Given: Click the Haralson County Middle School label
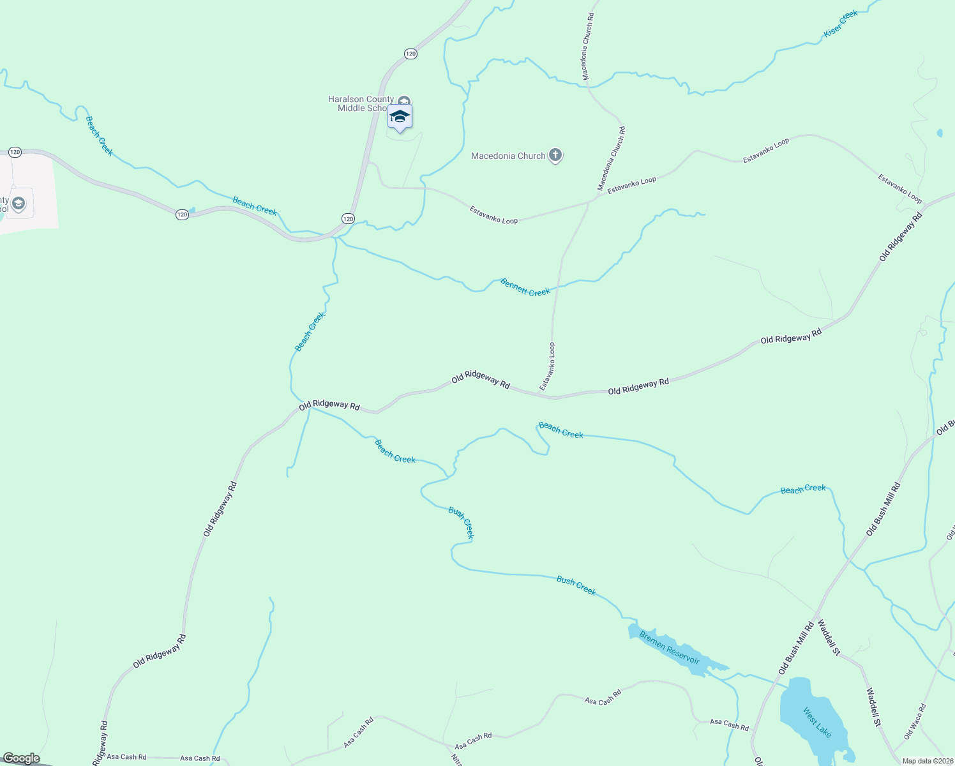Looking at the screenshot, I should (361, 103).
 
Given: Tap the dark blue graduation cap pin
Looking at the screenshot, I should (400, 117).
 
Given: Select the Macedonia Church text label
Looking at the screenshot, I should (508, 156).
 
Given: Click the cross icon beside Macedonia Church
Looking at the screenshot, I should (555, 155).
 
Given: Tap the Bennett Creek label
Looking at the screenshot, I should (525, 287).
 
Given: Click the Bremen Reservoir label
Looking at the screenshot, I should (670, 649).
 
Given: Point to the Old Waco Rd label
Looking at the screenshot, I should (915, 721).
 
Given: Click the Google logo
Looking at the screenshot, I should (21, 758).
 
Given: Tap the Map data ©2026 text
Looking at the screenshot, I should (926, 761).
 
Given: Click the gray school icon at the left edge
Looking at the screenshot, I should (19, 204).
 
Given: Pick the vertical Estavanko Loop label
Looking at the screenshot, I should (548, 366).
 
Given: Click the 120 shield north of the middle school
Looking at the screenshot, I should (410, 54).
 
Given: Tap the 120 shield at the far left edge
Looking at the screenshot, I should (15, 152).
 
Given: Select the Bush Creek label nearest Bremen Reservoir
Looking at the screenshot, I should (576, 585).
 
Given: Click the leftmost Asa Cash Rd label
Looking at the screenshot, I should (126, 757).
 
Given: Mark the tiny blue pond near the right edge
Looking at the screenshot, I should (940, 133).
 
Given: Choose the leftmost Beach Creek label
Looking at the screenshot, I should (99, 136).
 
